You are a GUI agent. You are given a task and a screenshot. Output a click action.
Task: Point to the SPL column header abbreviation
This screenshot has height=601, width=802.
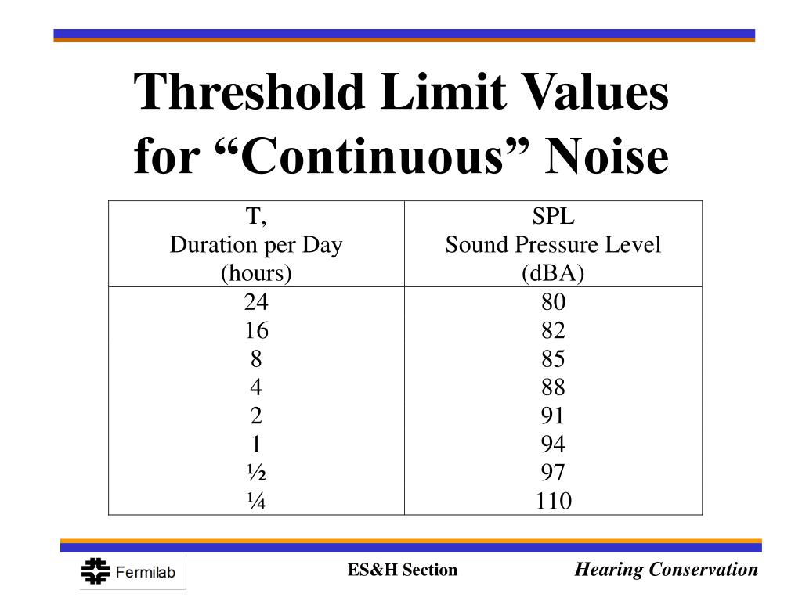[x=553, y=217]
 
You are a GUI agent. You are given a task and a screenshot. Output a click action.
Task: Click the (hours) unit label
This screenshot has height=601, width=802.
[x=256, y=273]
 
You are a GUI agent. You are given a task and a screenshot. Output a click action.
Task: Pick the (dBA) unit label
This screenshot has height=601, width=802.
[x=553, y=273]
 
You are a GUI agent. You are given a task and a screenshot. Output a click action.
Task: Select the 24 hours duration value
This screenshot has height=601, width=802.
[x=256, y=302]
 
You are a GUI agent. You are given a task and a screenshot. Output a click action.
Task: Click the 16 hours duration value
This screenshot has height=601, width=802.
[x=256, y=330]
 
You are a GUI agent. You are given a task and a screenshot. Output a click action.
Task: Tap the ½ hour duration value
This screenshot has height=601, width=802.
[x=256, y=473]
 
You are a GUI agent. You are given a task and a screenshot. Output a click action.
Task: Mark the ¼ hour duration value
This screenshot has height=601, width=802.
[x=256, y=501]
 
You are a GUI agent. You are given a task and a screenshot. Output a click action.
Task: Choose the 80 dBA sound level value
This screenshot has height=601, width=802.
[x=553, y=302]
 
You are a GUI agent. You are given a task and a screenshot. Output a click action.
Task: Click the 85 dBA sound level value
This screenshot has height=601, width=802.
[x=553, y=359]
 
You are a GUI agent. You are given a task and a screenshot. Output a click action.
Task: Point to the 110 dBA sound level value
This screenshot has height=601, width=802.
[x=553, y=501]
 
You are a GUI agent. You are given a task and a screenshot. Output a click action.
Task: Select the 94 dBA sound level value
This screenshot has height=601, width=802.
[x=553, y=444]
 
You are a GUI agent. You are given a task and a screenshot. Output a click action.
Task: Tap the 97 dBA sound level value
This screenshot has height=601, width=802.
[x=553, y=473]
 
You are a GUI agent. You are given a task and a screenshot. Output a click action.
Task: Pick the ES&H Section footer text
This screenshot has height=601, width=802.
[x=403, y=570]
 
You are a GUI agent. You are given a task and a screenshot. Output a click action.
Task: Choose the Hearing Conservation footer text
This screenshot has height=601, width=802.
[x=667, y=570]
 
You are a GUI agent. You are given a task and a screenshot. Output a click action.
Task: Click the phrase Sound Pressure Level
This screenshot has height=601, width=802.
[x=553, y=245]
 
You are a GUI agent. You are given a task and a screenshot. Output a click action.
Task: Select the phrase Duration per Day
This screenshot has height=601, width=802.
[x=256, y=245]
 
